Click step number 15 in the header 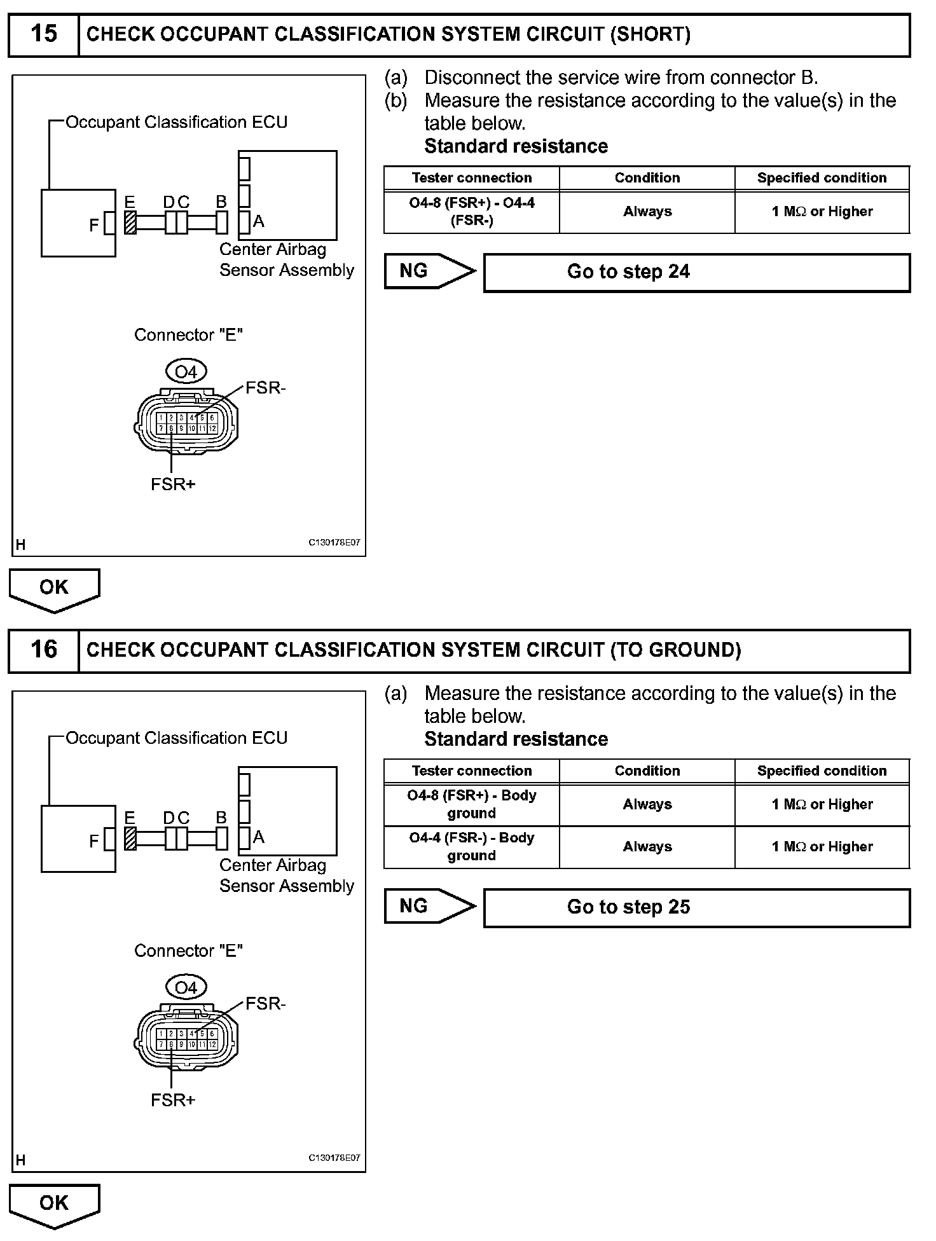tap(43, 34)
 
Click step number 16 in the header tap(43, 650)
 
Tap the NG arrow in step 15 tap(429, 271)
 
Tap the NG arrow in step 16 tap(429, 906)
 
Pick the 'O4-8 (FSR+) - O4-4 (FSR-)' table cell tap(471, 212)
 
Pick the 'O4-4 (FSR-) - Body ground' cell tap(471, 847)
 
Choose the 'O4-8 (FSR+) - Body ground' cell tap(471, 804)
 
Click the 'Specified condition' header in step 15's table tap(822, 178)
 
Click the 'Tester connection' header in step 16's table tap(471, 771)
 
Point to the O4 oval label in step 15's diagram tap(186, 371)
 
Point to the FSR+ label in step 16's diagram tap(173, 1100)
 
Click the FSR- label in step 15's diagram tap(266, 388)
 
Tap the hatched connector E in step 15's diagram tap(130, 222)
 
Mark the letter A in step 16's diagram tap(259, 837)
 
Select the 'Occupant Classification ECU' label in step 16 tap(176, 738)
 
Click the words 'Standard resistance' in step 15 tap(516, 146)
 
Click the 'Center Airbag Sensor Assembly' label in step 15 tap(286, 259)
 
